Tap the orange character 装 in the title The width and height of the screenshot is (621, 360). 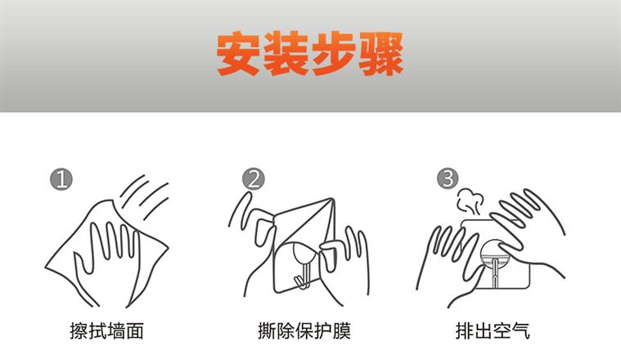tap(286, 54)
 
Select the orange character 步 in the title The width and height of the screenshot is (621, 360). tap(334, 54)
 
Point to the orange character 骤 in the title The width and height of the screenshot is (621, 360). tap(381, 54)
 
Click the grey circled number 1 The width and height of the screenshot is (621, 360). tap(61, 179)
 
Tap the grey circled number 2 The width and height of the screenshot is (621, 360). tap(254, 178)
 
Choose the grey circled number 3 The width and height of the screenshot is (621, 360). tap(448, 178)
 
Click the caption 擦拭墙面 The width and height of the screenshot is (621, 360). tap(106, 331)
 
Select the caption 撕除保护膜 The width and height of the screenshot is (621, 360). tap(304, 331)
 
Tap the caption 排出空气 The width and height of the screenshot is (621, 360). tap(493, 331)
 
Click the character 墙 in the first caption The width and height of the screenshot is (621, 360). tap(115, 331)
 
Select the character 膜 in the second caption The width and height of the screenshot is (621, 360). tap(342, 331)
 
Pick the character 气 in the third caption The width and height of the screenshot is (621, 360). tap(520, 331)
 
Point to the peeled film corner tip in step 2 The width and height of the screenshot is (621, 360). tap(332, 199)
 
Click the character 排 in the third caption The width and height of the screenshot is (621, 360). tap(465, 331)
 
